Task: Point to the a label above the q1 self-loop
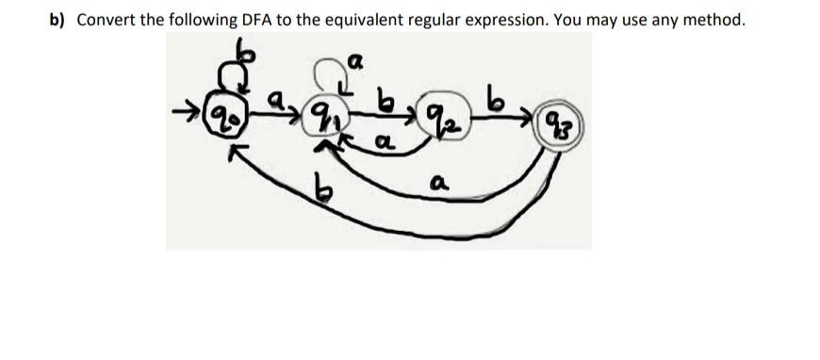[x=355, y=62]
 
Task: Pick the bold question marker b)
[x=58, y=20]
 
